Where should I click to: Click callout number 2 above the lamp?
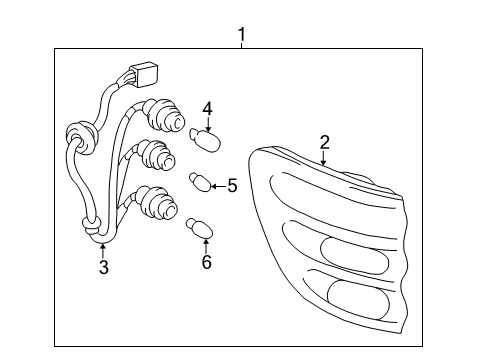click(324, 141)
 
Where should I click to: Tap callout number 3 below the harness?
click(103, 267)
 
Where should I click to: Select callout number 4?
click(206, 108)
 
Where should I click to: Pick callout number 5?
click(232, 185)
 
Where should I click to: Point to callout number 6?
click(206, 263)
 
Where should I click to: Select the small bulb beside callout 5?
click(200, 182)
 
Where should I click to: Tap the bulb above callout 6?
click(198, 228)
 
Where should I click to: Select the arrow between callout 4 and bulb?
click(206, 124)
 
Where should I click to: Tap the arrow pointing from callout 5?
click(218, 184)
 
